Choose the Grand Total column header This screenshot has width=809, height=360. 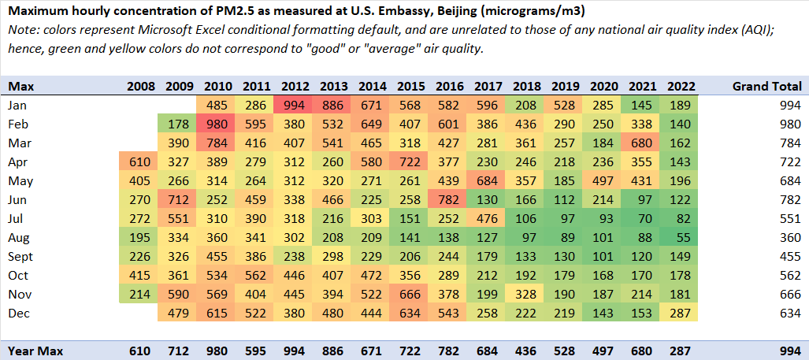(x=766, y=86)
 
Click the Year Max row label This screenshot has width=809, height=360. (x=35, y=351)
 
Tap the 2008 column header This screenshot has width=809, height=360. (x=141, y=86)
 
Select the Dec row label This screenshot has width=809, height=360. (x=18, y=314)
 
